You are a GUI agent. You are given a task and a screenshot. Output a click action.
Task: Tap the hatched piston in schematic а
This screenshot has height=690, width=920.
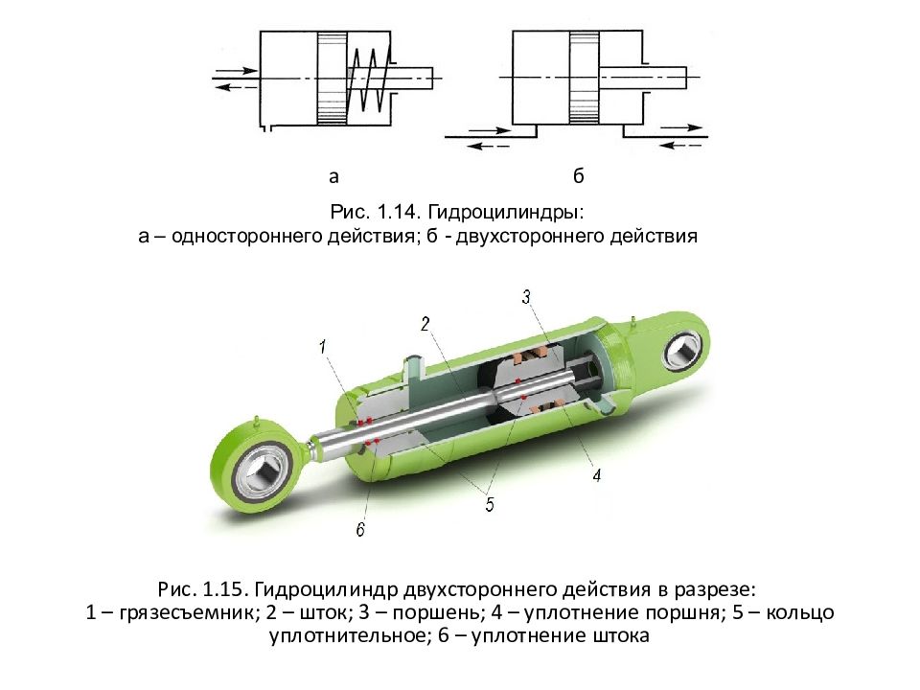tap(333, 78)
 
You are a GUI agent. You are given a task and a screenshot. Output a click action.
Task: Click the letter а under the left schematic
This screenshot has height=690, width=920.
tap(333, 176)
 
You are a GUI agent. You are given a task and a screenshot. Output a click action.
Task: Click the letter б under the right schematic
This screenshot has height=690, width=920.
tap(579, 174)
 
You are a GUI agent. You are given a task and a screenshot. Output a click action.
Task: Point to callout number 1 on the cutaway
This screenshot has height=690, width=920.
tap(322, 346)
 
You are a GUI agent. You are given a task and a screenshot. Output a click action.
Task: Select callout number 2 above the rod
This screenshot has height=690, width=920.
tap(425, 323)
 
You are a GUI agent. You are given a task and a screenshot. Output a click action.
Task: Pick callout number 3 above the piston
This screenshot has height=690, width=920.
tap(526, 297)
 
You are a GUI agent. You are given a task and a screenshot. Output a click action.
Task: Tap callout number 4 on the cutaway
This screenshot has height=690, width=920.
tap(597, 474)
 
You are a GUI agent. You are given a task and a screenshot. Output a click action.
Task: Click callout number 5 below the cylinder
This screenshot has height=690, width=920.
tap(490, 503)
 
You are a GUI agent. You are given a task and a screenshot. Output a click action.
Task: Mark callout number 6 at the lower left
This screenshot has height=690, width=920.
tap(360, 529)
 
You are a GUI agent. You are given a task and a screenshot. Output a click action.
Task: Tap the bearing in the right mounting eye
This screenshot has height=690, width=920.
tap(682, 352)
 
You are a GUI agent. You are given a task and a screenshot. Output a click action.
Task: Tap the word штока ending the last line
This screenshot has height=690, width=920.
tap(621, 635)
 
